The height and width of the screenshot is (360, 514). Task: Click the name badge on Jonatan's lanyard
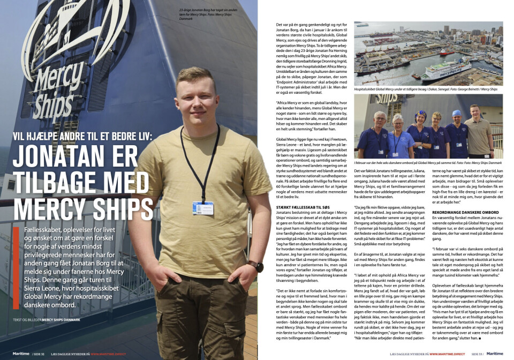coord(203,208)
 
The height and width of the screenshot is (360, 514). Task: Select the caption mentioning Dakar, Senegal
coord(426,89)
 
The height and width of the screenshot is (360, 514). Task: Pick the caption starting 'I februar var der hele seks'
coord(428,162)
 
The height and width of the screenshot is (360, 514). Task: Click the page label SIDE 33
coord(477,354)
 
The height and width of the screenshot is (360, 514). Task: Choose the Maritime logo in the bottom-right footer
coord(495,354)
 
